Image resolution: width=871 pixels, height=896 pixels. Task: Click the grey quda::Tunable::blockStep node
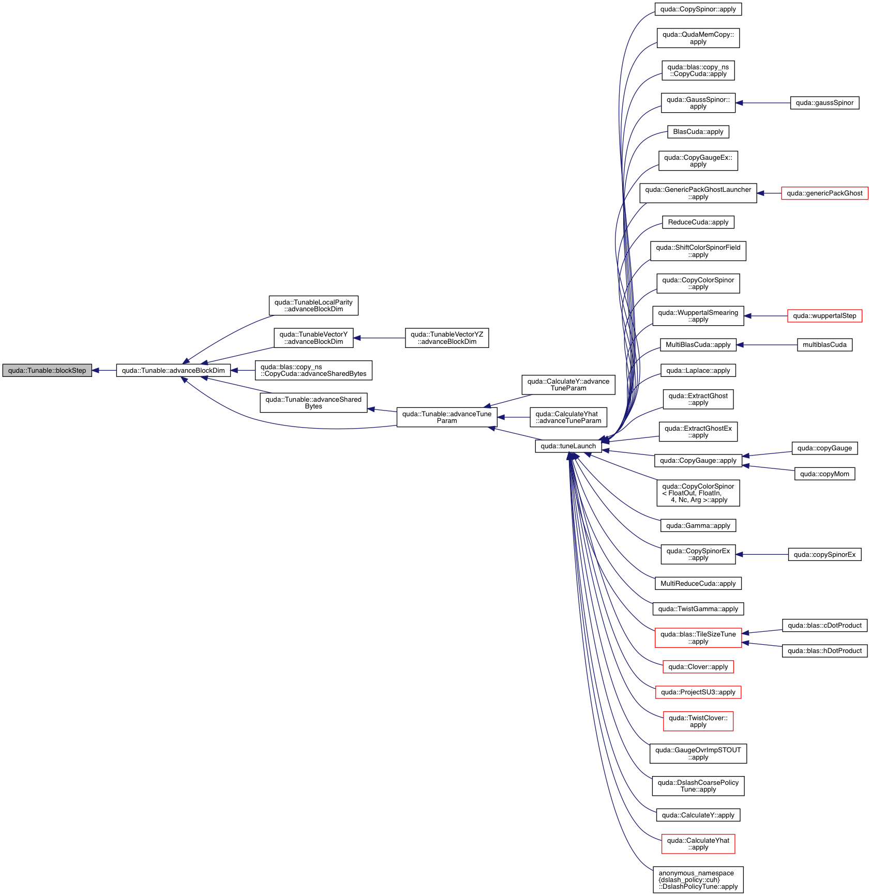47,370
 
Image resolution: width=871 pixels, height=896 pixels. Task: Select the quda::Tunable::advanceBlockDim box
173,370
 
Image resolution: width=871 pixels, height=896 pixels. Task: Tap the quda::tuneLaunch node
568,446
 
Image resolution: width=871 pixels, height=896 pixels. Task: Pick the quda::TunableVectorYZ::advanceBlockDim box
446,338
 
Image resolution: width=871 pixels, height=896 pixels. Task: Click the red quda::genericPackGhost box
824,193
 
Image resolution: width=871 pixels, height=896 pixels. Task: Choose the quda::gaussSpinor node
824,103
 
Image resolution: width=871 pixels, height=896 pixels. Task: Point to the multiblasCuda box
824,345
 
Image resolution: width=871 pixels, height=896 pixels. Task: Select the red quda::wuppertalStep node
824,316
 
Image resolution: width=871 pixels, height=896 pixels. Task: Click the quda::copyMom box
824,474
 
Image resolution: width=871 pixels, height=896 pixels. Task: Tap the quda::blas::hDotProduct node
824,651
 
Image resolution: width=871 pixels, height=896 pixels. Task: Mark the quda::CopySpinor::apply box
698,9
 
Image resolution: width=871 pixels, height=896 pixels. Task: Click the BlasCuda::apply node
698,132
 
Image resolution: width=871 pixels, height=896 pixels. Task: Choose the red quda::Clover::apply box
698,667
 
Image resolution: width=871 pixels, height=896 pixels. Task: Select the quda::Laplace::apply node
698,371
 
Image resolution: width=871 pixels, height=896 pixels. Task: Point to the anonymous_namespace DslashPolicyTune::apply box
698,880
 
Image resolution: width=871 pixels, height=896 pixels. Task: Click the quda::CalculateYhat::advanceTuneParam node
568,417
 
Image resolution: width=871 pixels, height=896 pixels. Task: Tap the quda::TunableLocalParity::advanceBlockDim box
313,306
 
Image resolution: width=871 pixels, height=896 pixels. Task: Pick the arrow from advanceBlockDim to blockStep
104,370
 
